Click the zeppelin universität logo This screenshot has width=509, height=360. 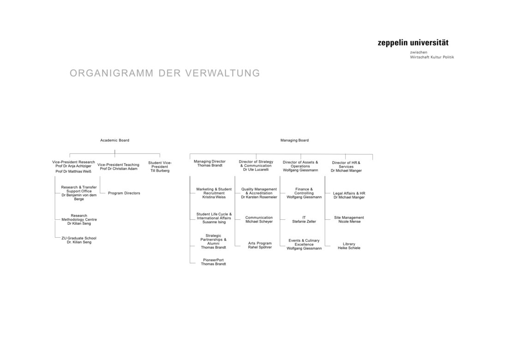click(x=413, y=43)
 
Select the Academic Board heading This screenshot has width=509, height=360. click(x=115, y=140)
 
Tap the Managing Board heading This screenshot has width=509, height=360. click(x=294, y=140)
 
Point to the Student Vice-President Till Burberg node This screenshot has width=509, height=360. click(x=160, y=167)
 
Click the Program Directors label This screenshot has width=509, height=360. click(x=124, y=193)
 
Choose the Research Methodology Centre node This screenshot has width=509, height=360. click(x=79, y=219)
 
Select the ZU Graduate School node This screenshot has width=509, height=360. click(x=79, y=240)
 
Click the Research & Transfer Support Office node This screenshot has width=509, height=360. click(x=79, y=193)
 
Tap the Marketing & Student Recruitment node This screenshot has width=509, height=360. click(x=214, y=193)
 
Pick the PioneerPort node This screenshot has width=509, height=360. click(x=213, y=262)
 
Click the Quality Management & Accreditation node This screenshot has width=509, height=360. click(x=259, y=193)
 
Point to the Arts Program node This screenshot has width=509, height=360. click(x=260, y=245)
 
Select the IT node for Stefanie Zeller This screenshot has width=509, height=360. click(x=304, y=219)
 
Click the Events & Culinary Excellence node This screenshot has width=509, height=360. click(x=304, y=244)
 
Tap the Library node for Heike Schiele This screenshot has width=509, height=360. click(x=349, y=246)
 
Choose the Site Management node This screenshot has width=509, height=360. click(x=349, y=219)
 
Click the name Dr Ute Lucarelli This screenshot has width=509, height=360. click(x=256, y=170)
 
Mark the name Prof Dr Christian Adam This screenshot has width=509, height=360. click(x=118, y=169)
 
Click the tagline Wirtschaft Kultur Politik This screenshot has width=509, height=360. click(x=432, y=57)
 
